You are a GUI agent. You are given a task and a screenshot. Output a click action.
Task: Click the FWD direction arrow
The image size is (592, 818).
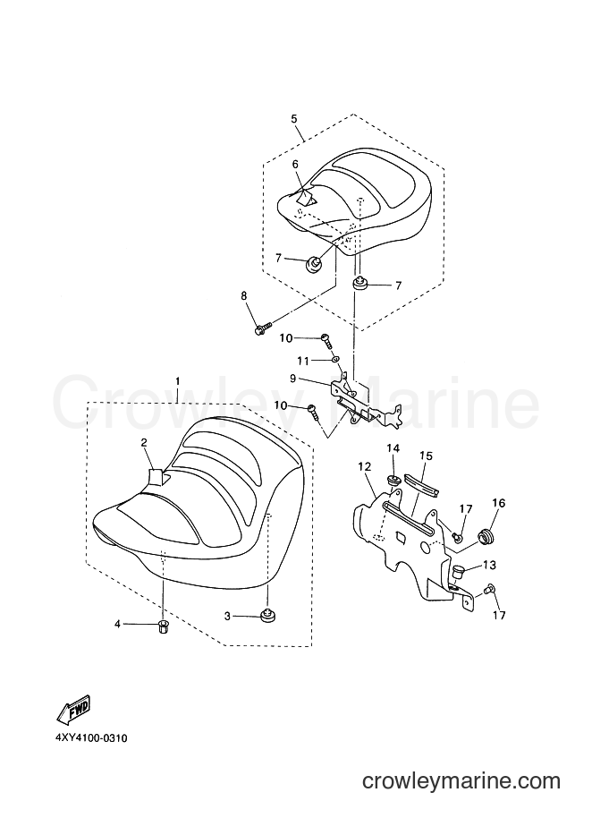coord(74,710)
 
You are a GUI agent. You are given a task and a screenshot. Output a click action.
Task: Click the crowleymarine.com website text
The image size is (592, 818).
coord(461,781)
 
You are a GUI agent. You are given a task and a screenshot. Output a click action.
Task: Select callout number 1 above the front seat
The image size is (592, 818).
coord(178,381)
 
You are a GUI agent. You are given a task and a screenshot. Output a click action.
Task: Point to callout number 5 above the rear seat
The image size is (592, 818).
coord(294,119)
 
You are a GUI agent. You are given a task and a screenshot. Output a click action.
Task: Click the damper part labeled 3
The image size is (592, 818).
coord(268,614)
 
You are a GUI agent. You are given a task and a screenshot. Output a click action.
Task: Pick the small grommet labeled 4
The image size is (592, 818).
coord(163,625)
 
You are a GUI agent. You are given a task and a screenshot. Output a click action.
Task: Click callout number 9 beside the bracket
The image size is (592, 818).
coord(293,379)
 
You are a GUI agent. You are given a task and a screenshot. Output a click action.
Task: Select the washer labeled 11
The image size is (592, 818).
coord(335,360)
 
